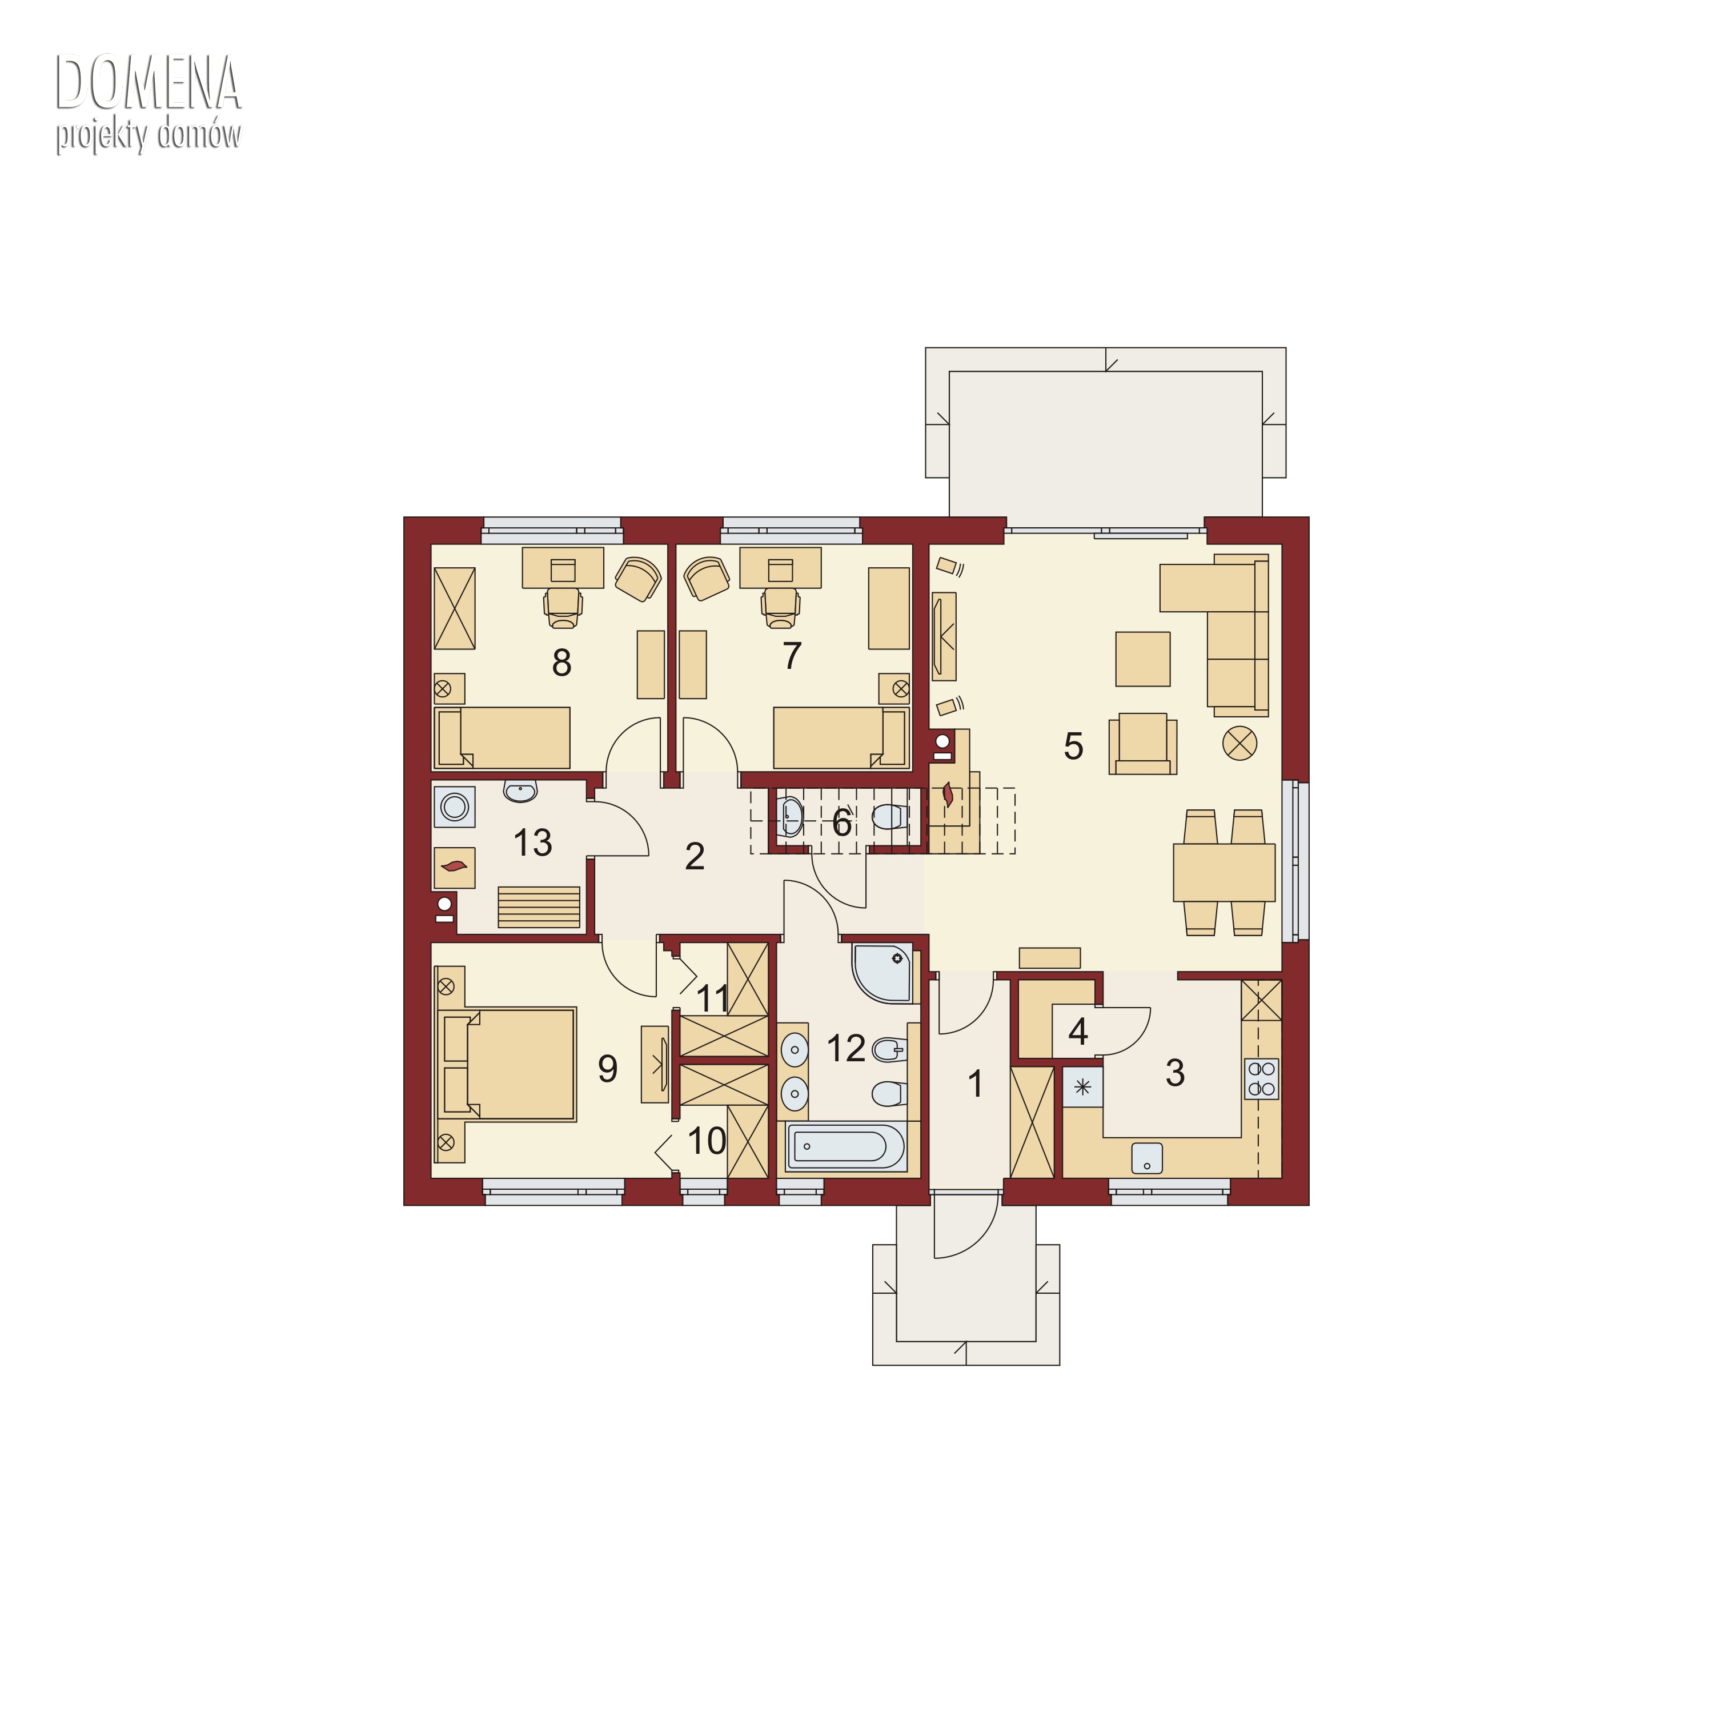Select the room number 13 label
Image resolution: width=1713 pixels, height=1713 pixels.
click(533, 843)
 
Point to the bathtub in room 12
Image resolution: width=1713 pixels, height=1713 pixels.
click(846, 1146)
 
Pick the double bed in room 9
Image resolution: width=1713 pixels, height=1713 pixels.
click(506, 1064)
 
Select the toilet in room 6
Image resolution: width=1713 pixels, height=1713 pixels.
click(889, 816)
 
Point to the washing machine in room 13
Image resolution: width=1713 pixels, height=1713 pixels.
click(455, 807)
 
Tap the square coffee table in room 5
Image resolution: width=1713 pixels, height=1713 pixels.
click(1143, 659)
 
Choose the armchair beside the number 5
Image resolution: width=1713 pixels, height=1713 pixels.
click(1143, 743)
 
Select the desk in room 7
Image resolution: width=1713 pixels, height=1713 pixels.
click(780, 567)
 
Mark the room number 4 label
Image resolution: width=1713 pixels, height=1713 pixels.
click(1078, 1031)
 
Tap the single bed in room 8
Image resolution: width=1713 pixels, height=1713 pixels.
click(502, 737)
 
